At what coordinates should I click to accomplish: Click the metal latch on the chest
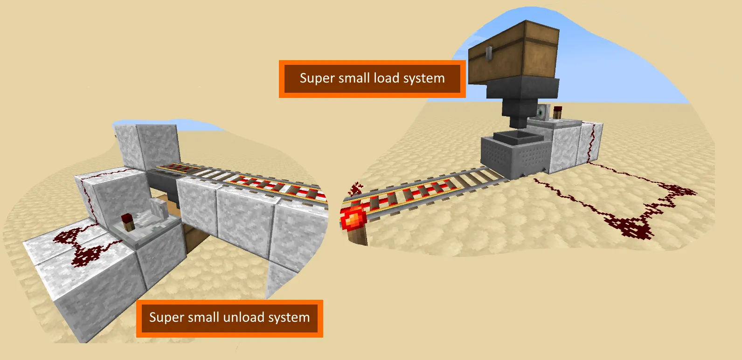coord(489,54)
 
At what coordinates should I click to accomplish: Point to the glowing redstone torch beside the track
coord(354,219)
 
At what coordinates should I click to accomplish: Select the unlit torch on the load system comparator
coord(557,112)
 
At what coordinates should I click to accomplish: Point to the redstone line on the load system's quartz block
coord(591,142)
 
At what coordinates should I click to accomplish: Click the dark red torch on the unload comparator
coord(127,222)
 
